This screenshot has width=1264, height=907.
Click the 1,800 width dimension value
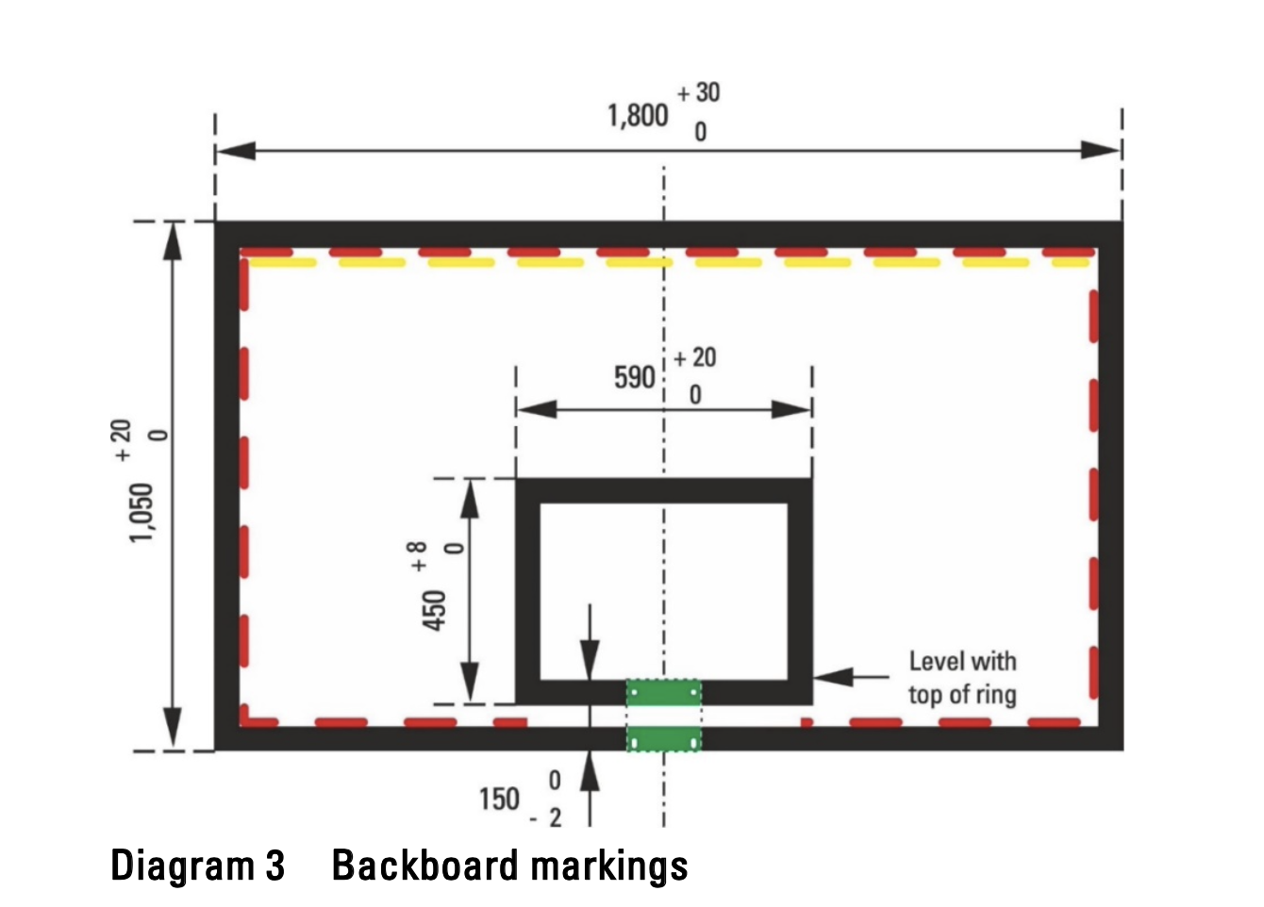[638, 116]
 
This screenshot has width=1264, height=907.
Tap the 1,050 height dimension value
[141, 512]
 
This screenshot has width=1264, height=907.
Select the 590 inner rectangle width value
[634, 378]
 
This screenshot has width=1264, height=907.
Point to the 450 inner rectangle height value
[433, 610]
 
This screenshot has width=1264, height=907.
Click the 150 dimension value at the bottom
[499, 800]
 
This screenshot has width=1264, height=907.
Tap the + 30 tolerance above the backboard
[699, 92]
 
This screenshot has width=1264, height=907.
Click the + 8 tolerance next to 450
[418, 556]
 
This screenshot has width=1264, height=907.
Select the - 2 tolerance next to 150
[546, 818]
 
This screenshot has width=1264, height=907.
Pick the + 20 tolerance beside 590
[695, 358]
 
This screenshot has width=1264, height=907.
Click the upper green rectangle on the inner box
[664, 693]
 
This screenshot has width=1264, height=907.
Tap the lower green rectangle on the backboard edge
[664, 739]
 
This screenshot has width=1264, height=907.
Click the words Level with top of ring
[962, 678]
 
